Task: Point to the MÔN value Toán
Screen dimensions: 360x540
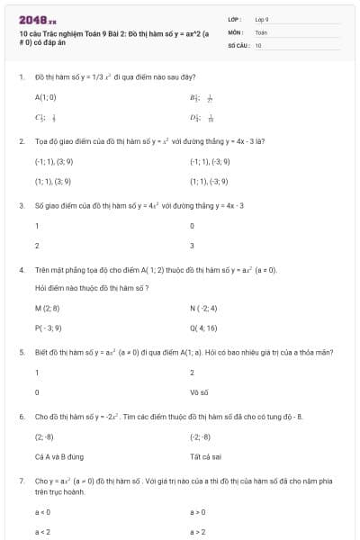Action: pyautogui.click(x=261, y=31)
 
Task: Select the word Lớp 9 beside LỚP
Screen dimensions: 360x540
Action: pyautogui.click(x=262, y=19)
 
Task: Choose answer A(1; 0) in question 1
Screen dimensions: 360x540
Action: pyautogui.click(x=45, y=96)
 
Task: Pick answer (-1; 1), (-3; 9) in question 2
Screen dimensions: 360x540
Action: pyautogui.click(x=210, y=161)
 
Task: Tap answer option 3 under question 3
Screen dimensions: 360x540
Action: pyautogui.click(x=193, y=245)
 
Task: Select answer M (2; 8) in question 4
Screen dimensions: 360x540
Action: pyautogui.click(x=47, y=308)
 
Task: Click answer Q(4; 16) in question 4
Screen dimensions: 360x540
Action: pyautogui.click(x=204, y=328)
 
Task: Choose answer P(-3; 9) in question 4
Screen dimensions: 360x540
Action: pyautogui.click(x=48, y=328)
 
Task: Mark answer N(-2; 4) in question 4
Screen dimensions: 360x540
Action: pyautogui.click(x=205, y=308)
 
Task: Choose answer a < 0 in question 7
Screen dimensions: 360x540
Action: pyautogui.click(x=42, y=511)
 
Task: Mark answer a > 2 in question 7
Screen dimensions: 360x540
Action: pyautogui.click(x=199, y=531)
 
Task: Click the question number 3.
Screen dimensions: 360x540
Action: pyautogui.click(x=21, y=205)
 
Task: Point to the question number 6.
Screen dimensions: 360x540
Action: pyautogui.click(x=21, y=417)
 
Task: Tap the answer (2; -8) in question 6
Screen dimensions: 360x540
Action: pyautogui.click(x=45, y=436)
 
